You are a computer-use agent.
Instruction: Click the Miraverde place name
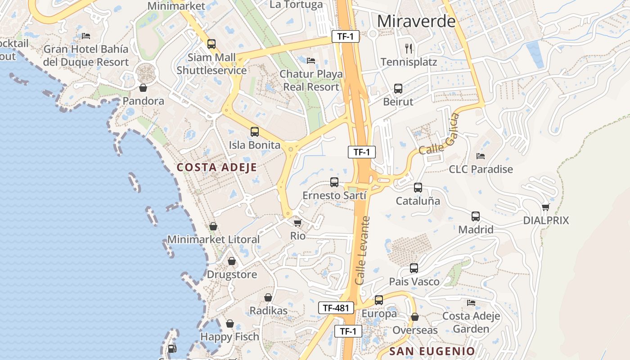tap(416, 21)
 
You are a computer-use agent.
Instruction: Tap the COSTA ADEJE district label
tap(216, 167)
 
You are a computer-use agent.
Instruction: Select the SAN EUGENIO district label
tap(432, 351)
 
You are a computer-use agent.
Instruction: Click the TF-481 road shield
tap(336, 308)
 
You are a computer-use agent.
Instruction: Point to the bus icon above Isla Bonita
tap(255, 132)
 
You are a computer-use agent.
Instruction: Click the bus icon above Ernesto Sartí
tap(334, 182)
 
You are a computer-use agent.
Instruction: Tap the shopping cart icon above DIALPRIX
tap(546, 207)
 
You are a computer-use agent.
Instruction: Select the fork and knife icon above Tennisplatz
tap(409, 48)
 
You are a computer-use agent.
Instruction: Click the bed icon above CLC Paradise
tap(481, 156)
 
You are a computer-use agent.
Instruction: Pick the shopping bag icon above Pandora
tap(143, 88)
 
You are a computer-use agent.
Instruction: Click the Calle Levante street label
tap(362, 250)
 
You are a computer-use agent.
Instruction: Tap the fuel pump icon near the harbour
tap(171, 348)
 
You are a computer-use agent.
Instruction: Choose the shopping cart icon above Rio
tap(297, 223)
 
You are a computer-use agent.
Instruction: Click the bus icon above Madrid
tap(476, 216)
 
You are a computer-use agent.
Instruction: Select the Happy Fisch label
tap(229, 337)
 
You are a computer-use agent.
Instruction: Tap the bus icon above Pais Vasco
tap(414, 268)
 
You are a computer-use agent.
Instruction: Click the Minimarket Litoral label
tap(213, 239)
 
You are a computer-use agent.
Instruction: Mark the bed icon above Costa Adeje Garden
tap(471, 302)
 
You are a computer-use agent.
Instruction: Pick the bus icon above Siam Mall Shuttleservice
tap(211, 44)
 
